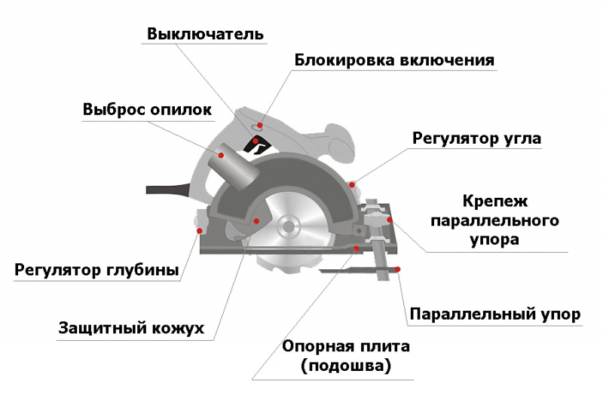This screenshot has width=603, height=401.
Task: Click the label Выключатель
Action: [205, 34]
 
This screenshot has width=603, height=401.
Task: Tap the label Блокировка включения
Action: [394, 60]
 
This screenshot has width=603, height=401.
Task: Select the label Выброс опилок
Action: [147, 109]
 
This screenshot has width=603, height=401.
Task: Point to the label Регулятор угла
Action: [476, 138]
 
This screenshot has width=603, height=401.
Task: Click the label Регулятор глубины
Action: [96, 269]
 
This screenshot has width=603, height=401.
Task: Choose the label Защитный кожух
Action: [131, 328]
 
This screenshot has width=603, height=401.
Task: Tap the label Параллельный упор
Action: [495, 314]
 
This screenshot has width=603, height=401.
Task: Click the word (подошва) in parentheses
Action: [346, 366]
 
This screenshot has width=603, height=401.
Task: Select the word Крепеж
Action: [495, 201]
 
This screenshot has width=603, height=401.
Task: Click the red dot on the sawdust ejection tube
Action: [221, 155]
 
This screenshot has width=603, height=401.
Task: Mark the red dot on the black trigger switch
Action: [255, 141]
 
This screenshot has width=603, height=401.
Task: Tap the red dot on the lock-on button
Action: [260, 125]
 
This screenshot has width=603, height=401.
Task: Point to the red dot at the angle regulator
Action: [352, 185]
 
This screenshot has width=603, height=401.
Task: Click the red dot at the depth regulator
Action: [200, 231]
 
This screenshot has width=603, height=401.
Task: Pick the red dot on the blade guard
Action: [256, 220]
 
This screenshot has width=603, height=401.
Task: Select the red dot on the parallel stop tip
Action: [398, 269]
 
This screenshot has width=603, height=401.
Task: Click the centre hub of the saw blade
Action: [288, 227]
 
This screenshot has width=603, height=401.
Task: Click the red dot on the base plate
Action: [357, 249]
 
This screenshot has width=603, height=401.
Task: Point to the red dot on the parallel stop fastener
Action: [390, 220]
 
